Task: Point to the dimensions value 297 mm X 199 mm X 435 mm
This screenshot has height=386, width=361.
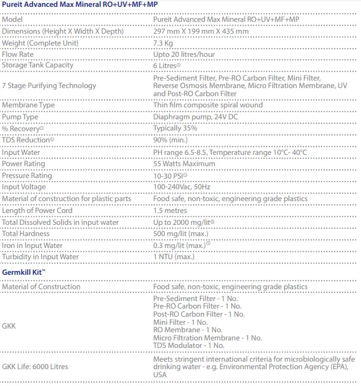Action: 200,31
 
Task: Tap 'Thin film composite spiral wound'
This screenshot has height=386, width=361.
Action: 207,105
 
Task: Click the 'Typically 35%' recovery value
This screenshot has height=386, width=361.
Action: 175,127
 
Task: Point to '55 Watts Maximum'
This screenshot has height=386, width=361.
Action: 184,164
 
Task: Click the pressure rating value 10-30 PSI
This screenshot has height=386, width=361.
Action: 171,176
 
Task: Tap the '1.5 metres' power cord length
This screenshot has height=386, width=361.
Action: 171,210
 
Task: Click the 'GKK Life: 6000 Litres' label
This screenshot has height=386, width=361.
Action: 35,366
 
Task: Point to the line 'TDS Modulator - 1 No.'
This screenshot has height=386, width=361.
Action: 189,345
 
